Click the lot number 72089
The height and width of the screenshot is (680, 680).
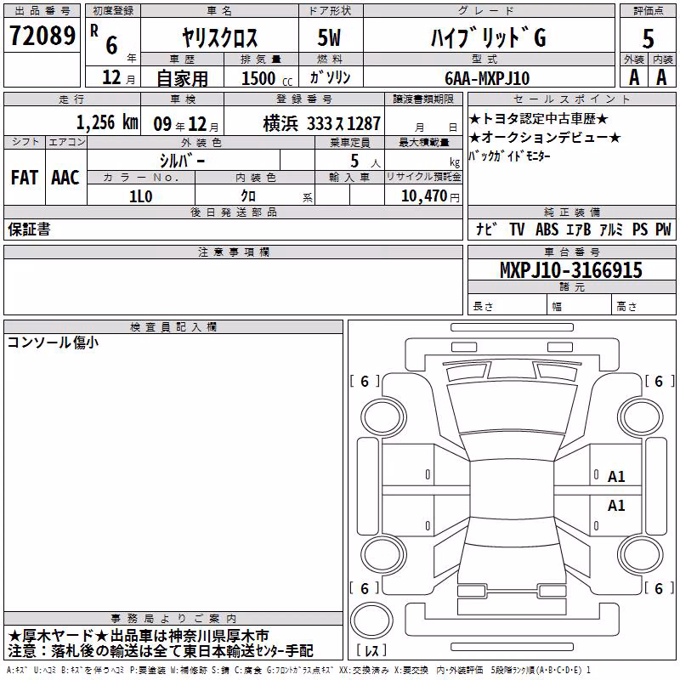[42, 36]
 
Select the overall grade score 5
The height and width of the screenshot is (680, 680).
[648, 39]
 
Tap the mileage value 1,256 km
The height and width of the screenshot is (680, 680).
[107, 122]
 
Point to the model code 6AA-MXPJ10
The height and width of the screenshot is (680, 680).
[487, 78]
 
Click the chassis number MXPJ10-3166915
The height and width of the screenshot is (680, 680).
[570, 270]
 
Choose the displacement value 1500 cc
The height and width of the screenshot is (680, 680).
[267, 78]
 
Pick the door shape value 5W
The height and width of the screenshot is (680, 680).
[329, 37]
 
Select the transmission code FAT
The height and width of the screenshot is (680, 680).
[25, 178]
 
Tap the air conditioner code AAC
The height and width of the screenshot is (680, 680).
[65, 178]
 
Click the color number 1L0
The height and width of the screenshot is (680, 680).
[141, 196]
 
